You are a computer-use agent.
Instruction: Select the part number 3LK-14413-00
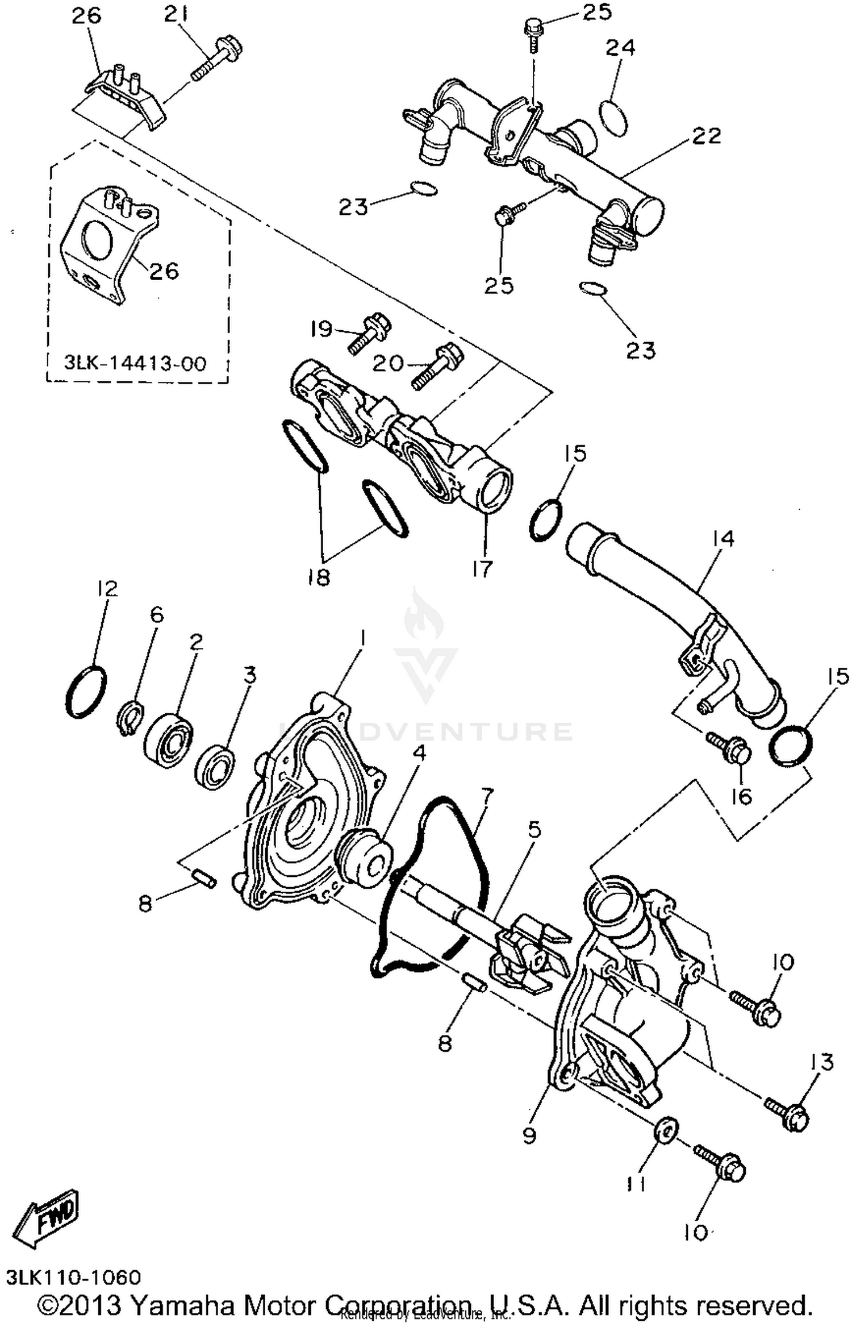coord(135,363)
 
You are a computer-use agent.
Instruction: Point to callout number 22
coord(707,136)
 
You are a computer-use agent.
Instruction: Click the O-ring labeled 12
coord(86,690)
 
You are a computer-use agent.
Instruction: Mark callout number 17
coord(482,568)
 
